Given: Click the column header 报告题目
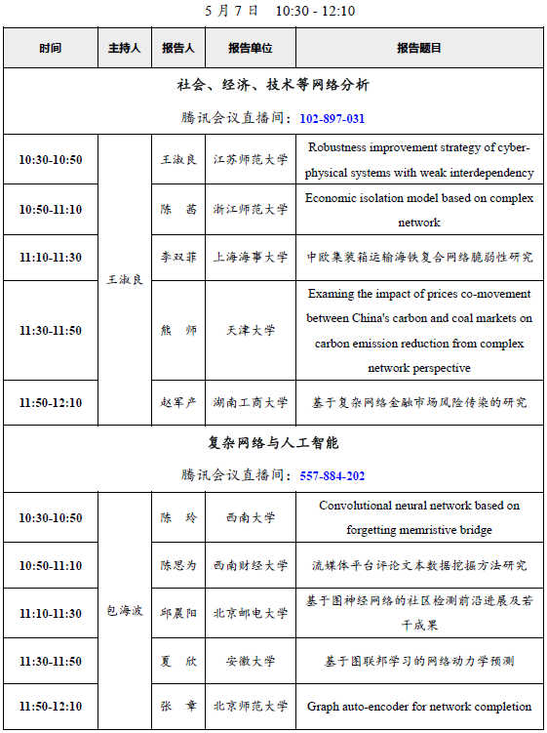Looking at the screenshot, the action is coord(418,48).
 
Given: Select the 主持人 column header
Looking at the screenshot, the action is coord(124,48).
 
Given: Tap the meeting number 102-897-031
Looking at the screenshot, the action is coord(332,118).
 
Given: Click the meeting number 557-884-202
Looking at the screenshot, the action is coord(332,475).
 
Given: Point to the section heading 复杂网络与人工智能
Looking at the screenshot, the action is coord(273,442).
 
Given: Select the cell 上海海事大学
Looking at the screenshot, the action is coord(251,258).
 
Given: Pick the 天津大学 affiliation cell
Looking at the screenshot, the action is coord(251,331).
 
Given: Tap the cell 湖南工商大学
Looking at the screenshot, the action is coord(251,402).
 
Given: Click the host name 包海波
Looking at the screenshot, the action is coord(124,611).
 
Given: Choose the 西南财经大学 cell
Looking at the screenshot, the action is coord(251,565).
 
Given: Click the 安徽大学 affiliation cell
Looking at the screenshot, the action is coord(251,661).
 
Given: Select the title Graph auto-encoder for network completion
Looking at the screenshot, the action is coord(419,706).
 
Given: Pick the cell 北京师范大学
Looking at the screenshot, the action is coord(251,706).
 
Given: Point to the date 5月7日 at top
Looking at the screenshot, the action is coord(232,12).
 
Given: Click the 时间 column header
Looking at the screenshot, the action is coord(50,48).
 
